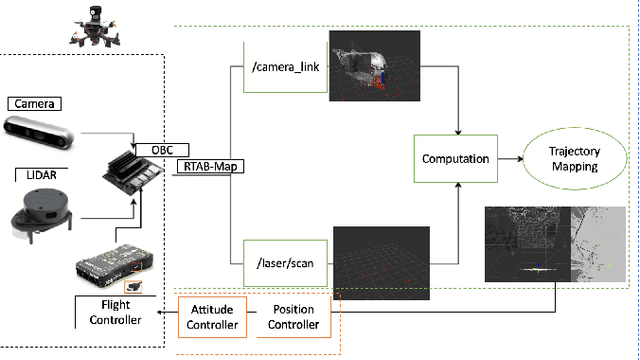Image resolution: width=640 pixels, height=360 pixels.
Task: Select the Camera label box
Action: point(33,103)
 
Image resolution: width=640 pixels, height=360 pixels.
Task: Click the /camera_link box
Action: point(285,68)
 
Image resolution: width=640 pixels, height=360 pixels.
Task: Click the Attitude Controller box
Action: point(213,318)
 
